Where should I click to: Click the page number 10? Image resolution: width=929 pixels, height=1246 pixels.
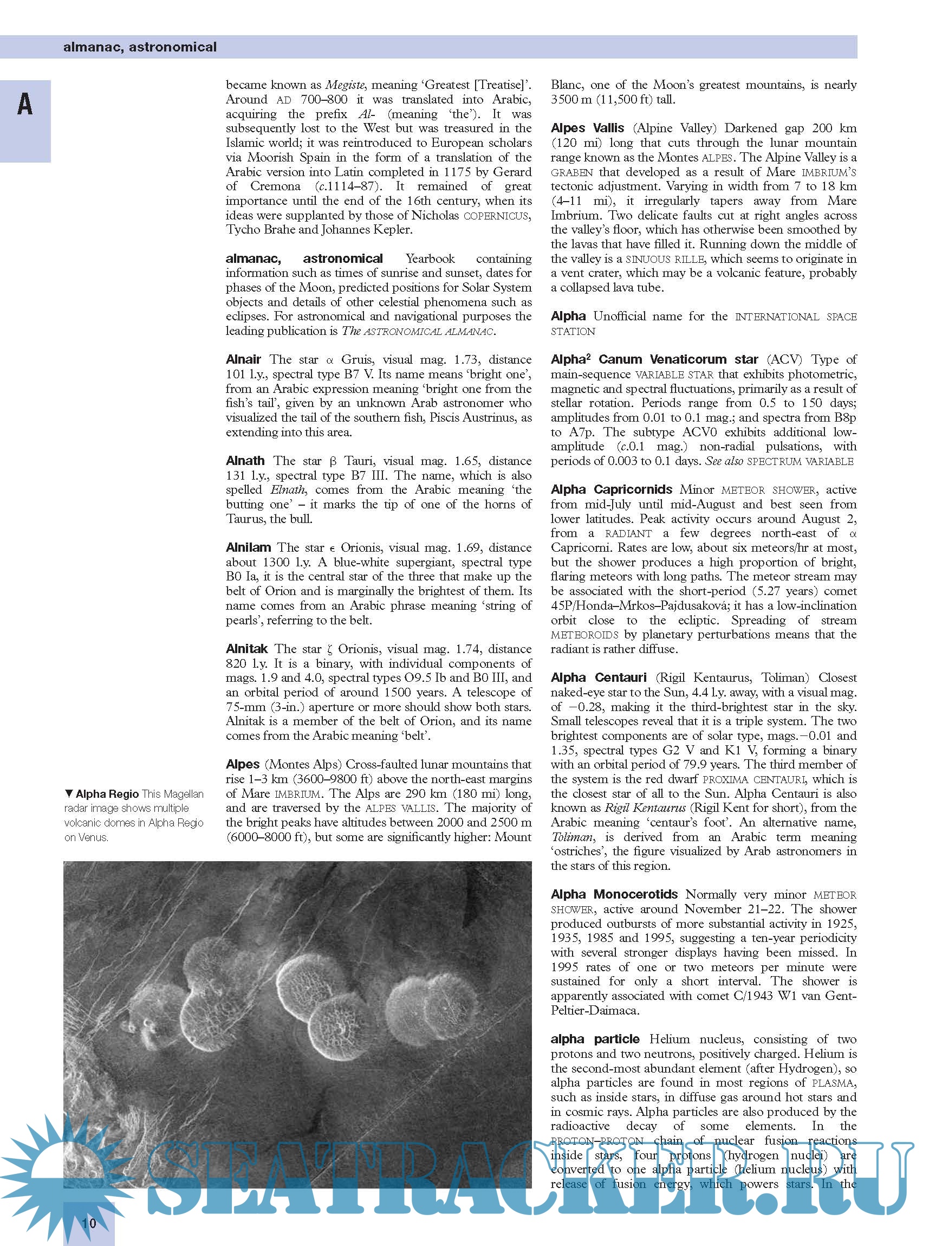pos(89,1222)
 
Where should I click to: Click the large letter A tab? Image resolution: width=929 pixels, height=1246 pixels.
pos(25,105)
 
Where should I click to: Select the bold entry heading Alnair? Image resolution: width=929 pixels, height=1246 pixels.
pos(244,359)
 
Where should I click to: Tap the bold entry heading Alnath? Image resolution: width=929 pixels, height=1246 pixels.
pos(245,461)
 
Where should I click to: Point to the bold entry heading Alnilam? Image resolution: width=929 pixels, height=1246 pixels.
pos(249,547)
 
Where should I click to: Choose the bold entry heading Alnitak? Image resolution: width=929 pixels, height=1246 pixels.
pos(247,649)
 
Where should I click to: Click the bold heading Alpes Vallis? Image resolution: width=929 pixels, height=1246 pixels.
pos(588,128)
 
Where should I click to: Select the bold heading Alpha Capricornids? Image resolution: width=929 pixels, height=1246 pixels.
pos(611,489)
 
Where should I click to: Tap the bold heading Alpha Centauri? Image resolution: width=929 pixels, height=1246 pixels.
pos(599,677)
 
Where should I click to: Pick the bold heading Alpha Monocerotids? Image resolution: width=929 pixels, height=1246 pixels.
pos(614,894)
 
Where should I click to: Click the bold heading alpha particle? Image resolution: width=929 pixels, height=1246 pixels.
pos(595,1039)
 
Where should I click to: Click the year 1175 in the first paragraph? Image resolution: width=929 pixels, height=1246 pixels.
pos(456,172)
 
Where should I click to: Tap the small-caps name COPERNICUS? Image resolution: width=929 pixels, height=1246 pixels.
pos(497,216)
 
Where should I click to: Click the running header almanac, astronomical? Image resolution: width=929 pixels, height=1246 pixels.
pos(139,47)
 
